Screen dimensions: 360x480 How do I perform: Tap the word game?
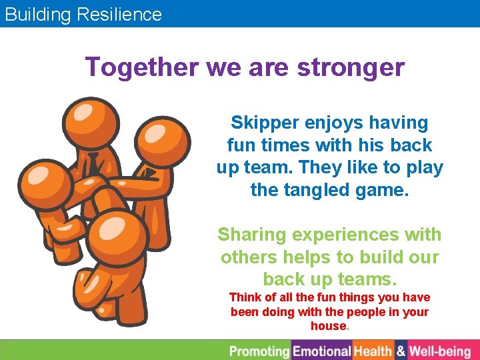coord(383,190)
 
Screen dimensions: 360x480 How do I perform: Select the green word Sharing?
coord(250,235)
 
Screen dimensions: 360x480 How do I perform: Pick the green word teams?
coord(370,279)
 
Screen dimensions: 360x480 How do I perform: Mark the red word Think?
coord(245,297)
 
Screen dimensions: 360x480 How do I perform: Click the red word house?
coord(328,327)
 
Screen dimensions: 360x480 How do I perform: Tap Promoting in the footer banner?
coord(260,351)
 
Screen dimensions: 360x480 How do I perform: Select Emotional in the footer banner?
coord(322,351)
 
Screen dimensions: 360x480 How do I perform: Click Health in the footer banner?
coord(373,351)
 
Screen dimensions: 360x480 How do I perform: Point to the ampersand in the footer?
coord(401,351)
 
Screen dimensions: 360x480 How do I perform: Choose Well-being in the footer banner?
coord(441,351)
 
